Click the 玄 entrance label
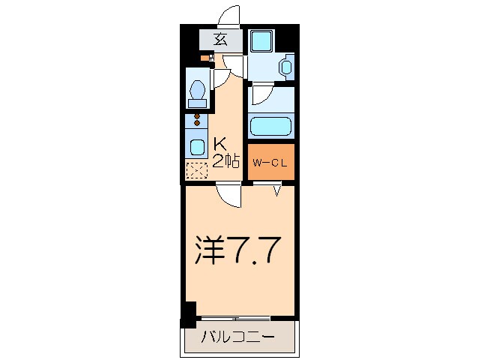pos(221,40)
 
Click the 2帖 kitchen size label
pos(226,160)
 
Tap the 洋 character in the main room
pos(211,250)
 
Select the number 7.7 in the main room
pos(255,250)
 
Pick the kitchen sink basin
pos(197,145)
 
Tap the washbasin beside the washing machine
pos(285,67)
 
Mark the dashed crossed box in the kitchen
pos(196,171)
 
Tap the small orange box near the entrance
pos(204,57)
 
